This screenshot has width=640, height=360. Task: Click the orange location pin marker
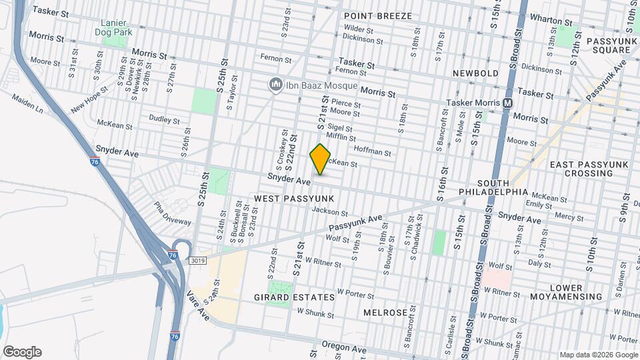click(x=321, y=159)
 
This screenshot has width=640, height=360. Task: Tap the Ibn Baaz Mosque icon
click(x=274, y=85)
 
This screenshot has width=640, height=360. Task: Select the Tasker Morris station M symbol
click(x=507, y=103)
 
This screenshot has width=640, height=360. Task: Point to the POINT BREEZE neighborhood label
click(x=377, y=15)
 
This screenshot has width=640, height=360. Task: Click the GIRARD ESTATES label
click(x=294, y=297)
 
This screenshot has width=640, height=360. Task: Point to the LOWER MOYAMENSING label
click(x=567, y=292)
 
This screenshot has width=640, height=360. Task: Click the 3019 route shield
click(x=197, y=259)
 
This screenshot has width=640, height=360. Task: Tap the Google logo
click(x=22, y=352)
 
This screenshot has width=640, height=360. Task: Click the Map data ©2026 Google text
click(x=598, y=355)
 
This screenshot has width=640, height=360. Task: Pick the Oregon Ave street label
click(x=345, y=349)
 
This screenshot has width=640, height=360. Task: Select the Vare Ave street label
click(x=199, y=305)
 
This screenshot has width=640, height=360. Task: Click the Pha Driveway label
click(x=172, y=213)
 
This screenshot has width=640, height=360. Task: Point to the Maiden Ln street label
click(x=27, y=103)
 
